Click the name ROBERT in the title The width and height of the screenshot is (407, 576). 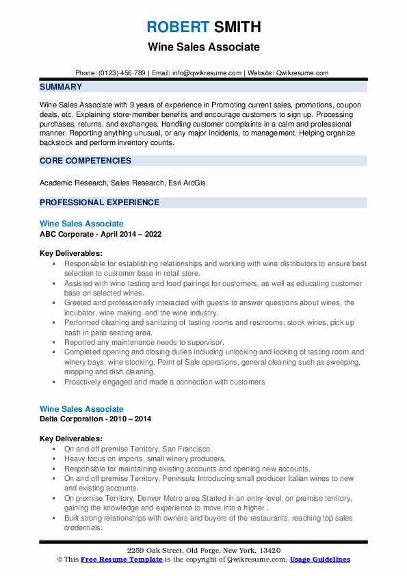coord(176,27)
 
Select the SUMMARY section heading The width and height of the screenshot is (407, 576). coord(61,87)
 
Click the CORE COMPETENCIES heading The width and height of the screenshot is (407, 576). coord(86,161)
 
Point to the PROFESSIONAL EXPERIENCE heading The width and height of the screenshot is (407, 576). coord(99,202)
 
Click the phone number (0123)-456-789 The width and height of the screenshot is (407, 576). coord(122,73)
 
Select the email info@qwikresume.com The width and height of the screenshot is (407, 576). coord(208,73)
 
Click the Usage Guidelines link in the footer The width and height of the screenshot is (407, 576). coord(319,560)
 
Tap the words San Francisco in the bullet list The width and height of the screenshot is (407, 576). coord(187,449)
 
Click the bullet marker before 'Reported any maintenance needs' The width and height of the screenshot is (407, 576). coord(54,342)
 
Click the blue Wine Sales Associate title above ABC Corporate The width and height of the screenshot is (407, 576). coord(81,224)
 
